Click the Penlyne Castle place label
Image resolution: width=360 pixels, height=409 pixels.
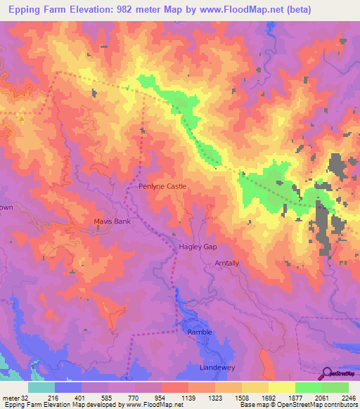(162, 186)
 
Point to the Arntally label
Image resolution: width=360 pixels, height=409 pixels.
(226, 264)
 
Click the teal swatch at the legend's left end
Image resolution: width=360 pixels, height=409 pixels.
(41, 387)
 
